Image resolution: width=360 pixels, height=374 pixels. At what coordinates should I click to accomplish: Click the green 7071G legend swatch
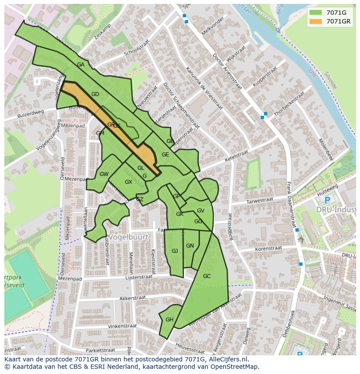(316, 13)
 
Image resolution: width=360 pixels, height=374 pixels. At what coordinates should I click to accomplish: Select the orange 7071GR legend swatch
(316, 21)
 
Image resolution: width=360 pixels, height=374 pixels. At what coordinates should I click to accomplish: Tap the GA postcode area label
(81, 65)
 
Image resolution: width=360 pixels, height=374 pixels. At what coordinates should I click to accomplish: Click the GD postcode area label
(95, 94)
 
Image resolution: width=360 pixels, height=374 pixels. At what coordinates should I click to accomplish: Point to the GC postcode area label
(207, 276)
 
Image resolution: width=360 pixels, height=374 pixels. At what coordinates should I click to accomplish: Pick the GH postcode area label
(170, 320)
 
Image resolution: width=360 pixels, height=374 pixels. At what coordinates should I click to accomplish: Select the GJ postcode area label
(175, 251)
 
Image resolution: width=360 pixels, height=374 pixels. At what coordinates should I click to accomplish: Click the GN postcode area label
(190, 246)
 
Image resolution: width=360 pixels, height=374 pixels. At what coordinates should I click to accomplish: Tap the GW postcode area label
(104, 174)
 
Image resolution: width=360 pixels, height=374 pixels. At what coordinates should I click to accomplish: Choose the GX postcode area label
(128, 182)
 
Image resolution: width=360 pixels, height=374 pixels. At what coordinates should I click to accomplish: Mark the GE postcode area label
(165, 155)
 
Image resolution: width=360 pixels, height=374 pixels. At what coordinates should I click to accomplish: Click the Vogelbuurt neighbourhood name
(128, 237)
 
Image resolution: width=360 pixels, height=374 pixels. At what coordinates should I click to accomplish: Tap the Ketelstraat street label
(236, 156)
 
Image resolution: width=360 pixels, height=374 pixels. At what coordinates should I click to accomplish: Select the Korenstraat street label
(268, 248)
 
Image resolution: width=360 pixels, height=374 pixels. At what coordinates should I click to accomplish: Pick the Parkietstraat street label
(100, 350)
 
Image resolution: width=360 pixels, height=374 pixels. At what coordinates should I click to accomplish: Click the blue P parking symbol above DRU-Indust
(327, 200)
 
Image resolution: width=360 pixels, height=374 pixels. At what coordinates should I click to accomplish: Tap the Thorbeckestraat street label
(289, 103)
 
